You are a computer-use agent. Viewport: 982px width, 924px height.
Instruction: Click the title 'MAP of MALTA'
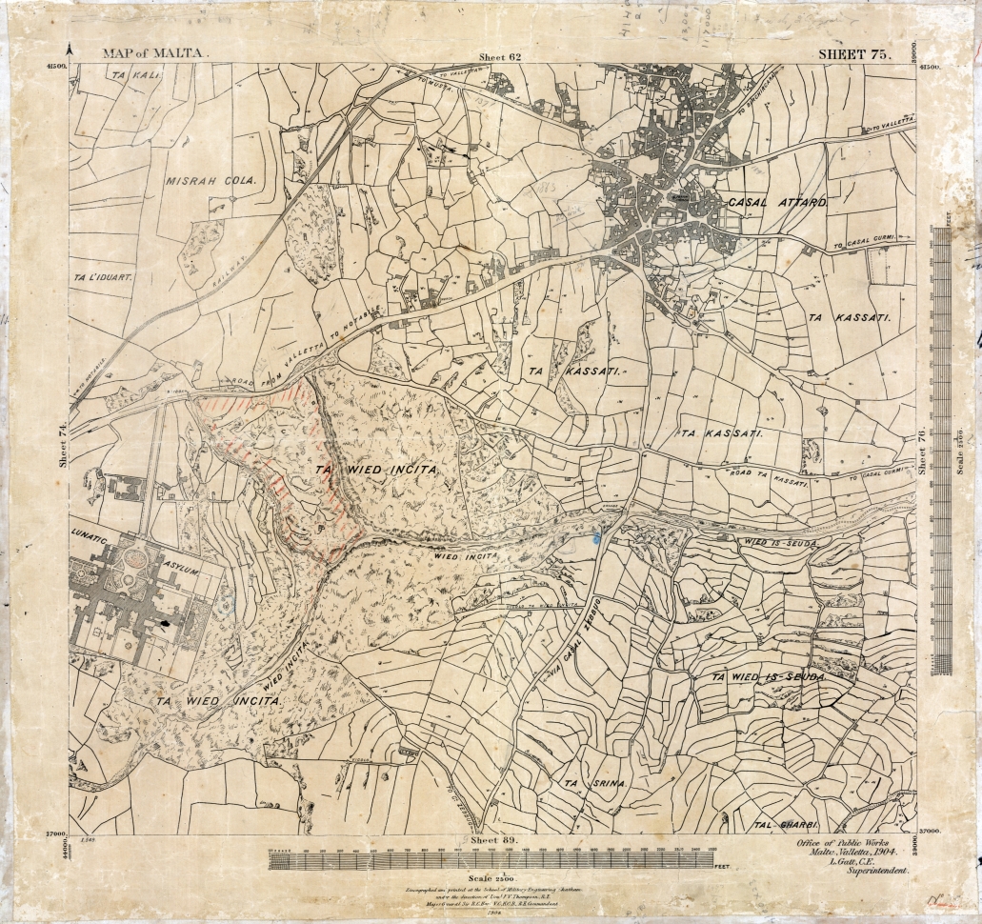click(153, 54)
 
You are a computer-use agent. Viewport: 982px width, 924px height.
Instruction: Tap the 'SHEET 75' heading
click(854, 54)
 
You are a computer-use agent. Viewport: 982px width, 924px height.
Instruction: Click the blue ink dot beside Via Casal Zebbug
click(596, 538)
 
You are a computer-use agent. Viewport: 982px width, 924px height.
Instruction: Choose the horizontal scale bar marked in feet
click(491, 860)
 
